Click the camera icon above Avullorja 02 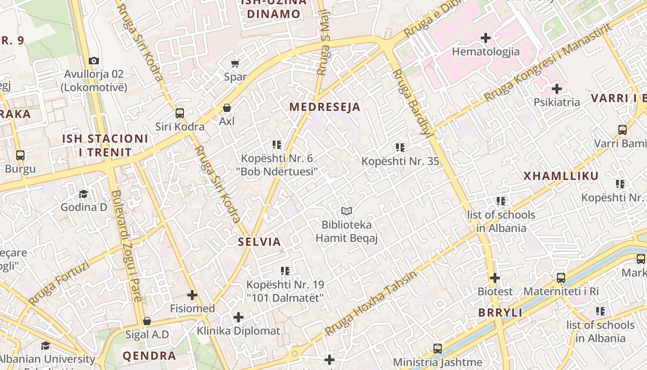click(x=94, y=61)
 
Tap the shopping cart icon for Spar click(x=235, y=63)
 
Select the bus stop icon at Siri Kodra click(x=180, y=113)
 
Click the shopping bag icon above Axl click(x=227, y=108)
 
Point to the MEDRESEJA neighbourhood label click(x=324, y=107)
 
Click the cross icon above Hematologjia click(x=486, y=38)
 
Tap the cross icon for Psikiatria click(x=557, y=88)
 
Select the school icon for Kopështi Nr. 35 click(x=400, y=148)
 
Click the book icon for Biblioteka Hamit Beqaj click(x=347, y=211)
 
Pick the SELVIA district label click(x=259, y=241)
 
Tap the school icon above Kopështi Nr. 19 click(x=285, y=271)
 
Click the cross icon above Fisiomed click(x=192, y=295)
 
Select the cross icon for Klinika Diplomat click(x=238, y=317)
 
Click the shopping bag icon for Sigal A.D click(x=147, y=321)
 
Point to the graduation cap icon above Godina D click(x=83, y=193)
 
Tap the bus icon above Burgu click(x=20, y=155)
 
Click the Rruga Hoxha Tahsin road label click(x=371, y=303)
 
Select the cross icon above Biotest click(x=495, y=278)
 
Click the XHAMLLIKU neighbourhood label click(x=561, y=176)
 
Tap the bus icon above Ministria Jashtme click(x=438, y=349)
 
